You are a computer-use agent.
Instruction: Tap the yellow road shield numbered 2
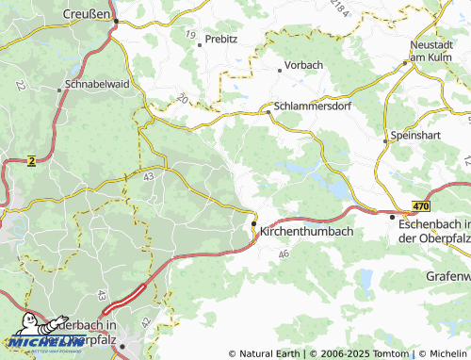tap(32, 161)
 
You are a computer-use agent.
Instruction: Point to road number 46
tap(284, 254)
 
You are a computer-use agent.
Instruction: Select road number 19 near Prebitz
tap(191, 35)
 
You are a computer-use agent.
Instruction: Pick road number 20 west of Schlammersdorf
tap(182, 98)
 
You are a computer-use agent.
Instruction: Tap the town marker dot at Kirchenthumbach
tap(254, 222)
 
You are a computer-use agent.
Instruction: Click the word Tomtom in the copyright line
tap(393, 353)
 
